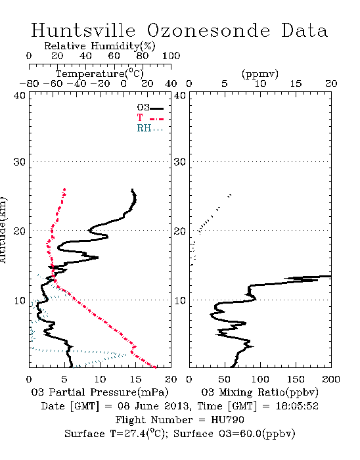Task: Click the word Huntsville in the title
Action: click(x=83, y=30)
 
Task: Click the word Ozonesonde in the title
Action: click(x=208, y=30)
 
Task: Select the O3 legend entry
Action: click(x=150, y=108)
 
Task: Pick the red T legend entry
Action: click(x=150, y=118)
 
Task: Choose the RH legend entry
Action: click(x=150, y=128)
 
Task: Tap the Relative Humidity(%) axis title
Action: click(x=100, y=46)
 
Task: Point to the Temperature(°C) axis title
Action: click(x=100, y=74)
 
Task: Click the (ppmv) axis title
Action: click(x=260, y=74)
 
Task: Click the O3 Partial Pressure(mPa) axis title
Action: click(x=100, y=392)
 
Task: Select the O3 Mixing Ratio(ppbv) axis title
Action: click(x=259, y=392)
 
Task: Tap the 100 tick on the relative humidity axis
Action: click(x=171, y=56)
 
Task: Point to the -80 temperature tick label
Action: click(x=29, y=83)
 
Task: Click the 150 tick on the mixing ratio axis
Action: click(x=296, y=379)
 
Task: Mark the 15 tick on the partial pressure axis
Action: click(x=135, y=379)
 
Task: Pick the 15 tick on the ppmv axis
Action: click(x=296, y=83)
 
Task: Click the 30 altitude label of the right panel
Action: click(x=180, y=162)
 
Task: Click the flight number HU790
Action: click(x=227, y=420)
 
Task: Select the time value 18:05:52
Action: click(x=297, y=406)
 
